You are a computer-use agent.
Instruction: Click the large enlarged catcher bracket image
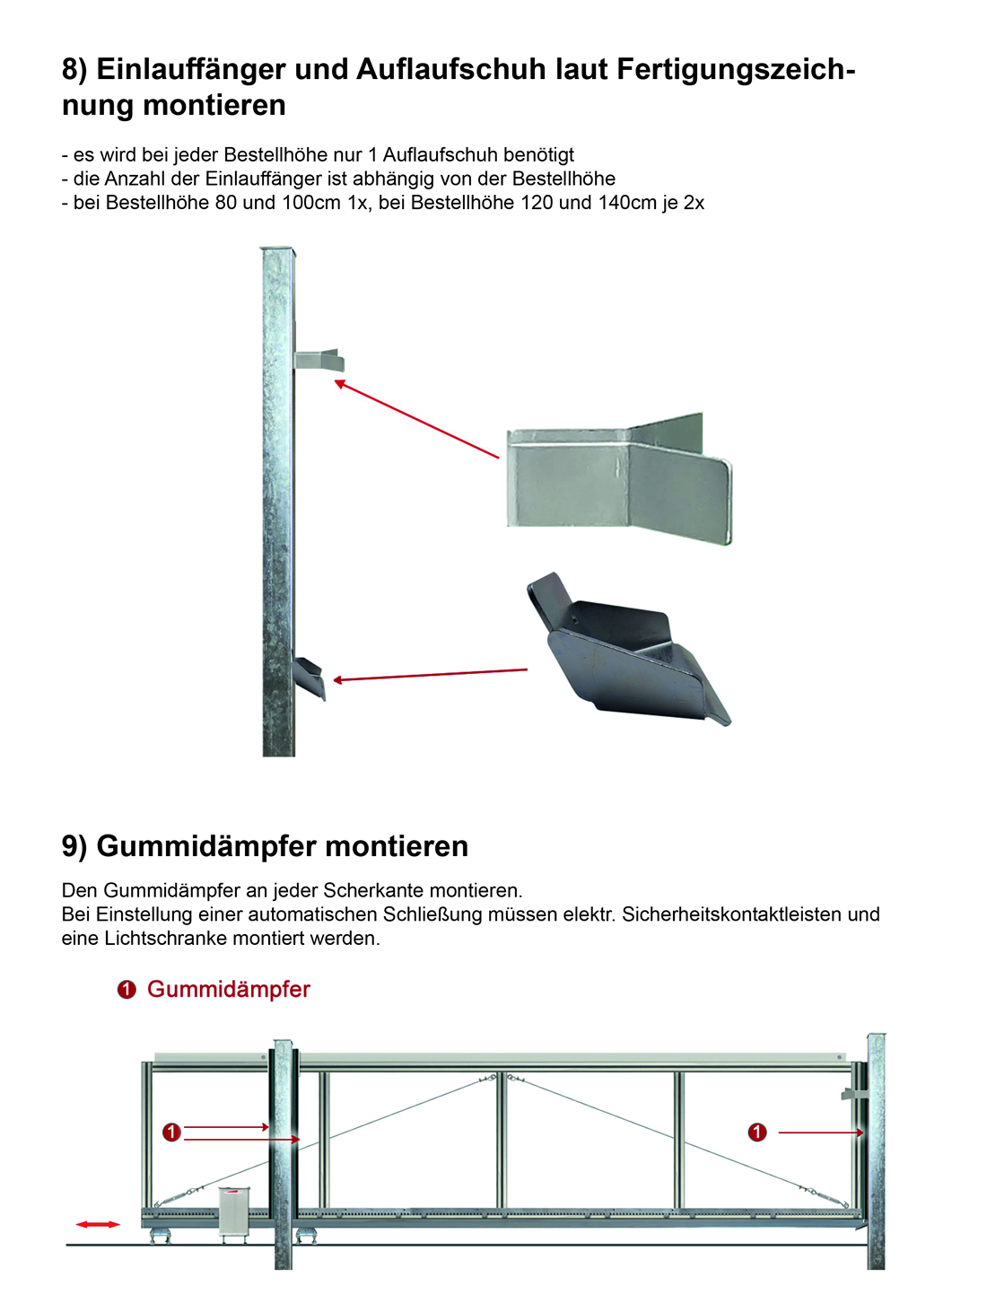[619, 479]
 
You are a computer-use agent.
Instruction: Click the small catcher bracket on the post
[319, 360]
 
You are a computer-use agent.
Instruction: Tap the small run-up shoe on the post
[310, 678]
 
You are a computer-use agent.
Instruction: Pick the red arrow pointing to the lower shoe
[430, 675]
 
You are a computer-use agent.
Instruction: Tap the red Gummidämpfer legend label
[229, 989]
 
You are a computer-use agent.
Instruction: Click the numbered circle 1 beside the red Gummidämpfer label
[127, 990]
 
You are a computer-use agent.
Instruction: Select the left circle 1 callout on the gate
[171, 1132]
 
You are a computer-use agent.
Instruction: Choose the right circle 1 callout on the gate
[757, 1132]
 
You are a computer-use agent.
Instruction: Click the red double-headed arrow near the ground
[98, 1224]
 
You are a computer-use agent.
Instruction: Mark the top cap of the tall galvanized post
[277, 252]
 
